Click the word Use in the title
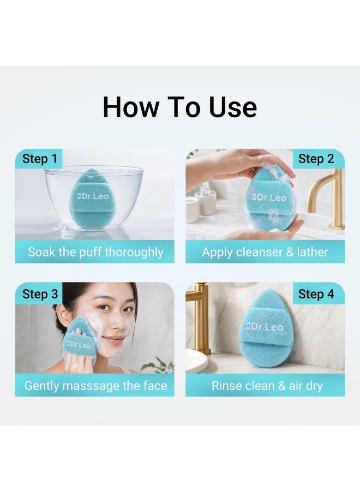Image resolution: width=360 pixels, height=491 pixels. [233, 107]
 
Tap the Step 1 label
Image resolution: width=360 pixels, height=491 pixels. [40, 158]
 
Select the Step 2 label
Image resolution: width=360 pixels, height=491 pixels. [316, 158]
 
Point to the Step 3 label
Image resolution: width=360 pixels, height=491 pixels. [40, 294]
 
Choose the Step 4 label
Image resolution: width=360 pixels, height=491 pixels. [316, 294]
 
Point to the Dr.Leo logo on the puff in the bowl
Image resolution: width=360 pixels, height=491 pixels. [93, 196]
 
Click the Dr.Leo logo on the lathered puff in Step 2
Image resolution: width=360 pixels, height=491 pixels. [269, 197]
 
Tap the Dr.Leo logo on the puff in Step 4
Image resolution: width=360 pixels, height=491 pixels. [264, 327]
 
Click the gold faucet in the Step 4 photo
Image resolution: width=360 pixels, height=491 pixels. [200, 316]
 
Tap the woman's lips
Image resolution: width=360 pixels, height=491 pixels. [113, 339]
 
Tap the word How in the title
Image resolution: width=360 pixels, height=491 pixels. [130, 107]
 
